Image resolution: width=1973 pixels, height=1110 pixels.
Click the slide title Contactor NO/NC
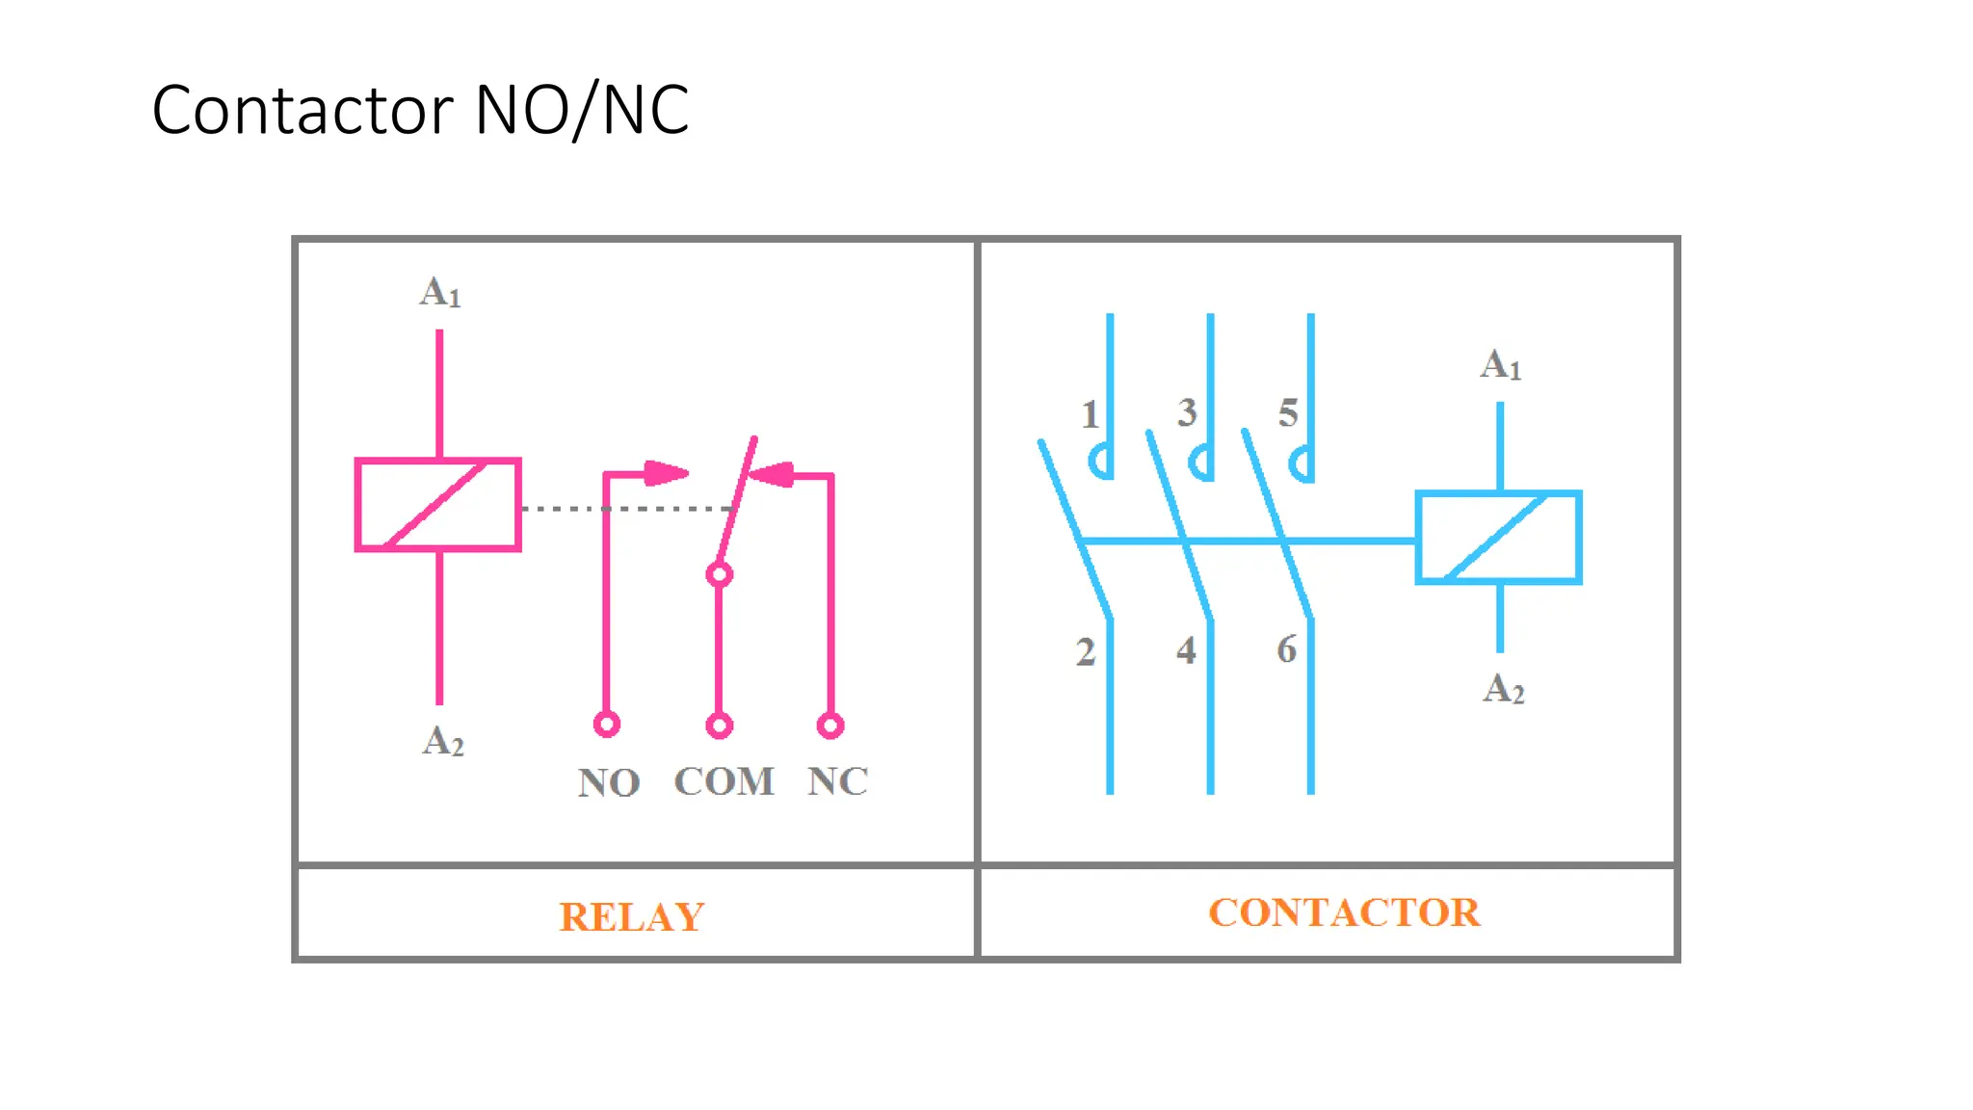(420, 110)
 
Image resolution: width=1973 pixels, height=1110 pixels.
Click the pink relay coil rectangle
(438, 505)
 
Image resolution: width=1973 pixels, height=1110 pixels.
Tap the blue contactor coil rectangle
(1498, 538)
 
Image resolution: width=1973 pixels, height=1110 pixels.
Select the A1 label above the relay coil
(440, 292)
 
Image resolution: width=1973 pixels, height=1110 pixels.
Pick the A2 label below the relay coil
(443, 741)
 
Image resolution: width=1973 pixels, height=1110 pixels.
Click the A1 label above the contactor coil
(1501, 365)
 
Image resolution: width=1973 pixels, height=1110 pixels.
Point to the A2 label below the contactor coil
(1504, 689)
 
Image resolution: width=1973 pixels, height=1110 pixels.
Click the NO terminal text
(609, 782)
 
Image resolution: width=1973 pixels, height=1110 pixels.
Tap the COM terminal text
(723, 781)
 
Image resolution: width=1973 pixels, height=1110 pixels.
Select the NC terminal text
(837, 781)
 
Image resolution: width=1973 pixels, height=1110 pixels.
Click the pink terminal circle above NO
(607, 724)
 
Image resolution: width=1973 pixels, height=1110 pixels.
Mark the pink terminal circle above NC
(830, 725)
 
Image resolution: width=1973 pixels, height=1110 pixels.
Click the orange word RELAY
(632, 916)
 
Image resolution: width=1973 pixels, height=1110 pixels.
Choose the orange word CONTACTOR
(1344, 912)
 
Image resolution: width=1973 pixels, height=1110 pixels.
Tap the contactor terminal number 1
(1089, 415)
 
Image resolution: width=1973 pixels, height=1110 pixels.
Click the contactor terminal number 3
(1187, 413)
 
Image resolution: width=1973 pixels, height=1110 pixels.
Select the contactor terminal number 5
(1288, 413)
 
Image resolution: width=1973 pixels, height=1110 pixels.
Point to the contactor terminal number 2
(1086, 652)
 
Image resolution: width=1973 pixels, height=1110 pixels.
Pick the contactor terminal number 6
(1287, 649)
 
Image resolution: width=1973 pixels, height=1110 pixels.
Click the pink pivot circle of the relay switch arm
(719, 575)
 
